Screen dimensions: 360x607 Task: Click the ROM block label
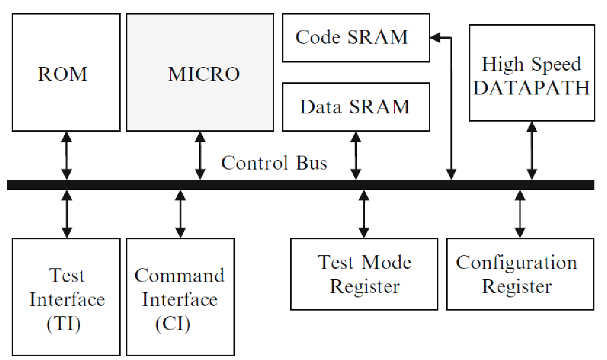pos(63,74)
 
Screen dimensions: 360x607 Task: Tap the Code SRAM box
pos(356,38)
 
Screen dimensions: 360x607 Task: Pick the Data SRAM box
pos(356,107)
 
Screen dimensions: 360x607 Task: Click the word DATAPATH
pos(531,88)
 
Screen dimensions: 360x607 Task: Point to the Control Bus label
pos(274,163)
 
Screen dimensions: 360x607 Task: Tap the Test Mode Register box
pos(364,274)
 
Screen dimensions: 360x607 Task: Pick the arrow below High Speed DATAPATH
pos(532,150)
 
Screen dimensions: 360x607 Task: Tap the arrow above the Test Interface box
pos(67,214)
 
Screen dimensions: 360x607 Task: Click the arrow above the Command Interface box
pos(180,214)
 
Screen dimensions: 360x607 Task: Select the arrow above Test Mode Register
pos(364,214)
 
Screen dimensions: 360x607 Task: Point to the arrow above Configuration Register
pos(520,214)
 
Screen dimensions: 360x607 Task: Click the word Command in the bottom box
pos(180,275)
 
